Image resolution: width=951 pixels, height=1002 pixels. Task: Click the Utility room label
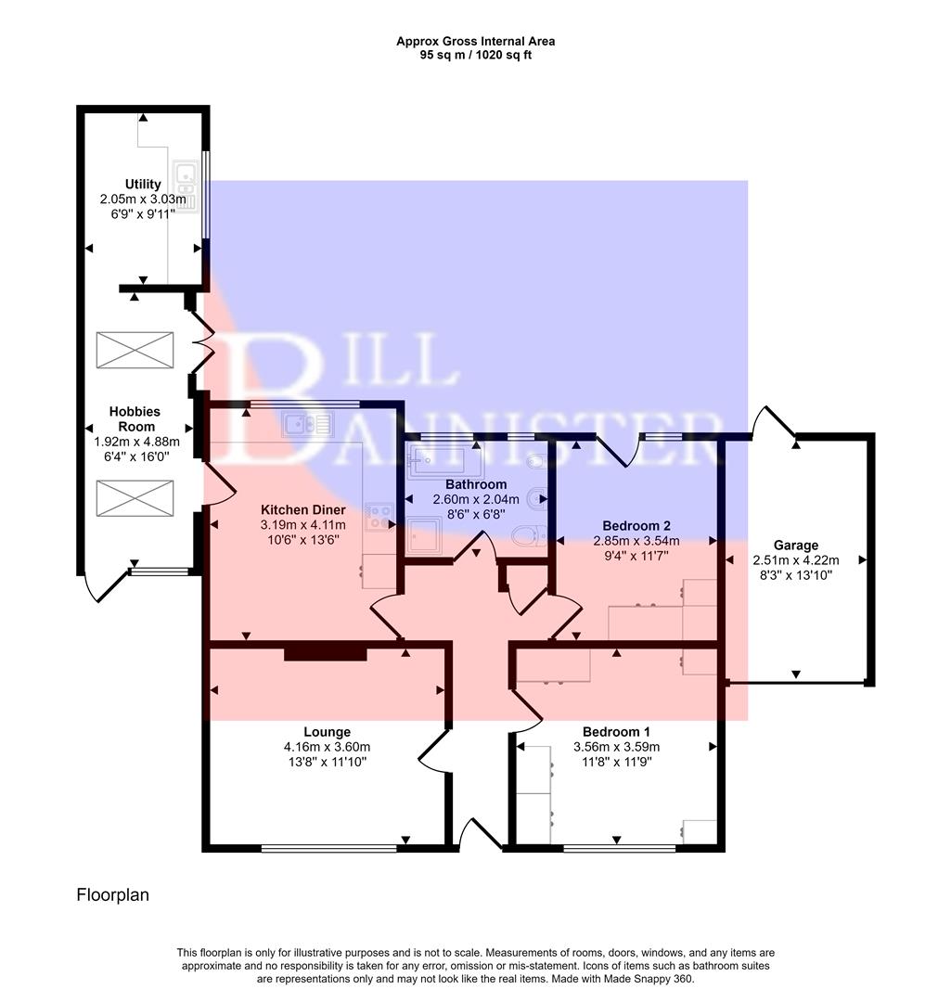(143, 184)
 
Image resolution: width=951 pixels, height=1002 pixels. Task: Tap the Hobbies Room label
(135, 419)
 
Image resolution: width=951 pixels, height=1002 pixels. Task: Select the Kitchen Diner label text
(302, 510)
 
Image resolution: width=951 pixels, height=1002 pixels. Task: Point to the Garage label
(795, 546)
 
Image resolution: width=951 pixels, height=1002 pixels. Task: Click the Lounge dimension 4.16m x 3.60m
(327, 746)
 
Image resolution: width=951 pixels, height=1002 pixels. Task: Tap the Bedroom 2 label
(636, 525)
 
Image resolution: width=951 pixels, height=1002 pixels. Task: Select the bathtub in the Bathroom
(442, 461)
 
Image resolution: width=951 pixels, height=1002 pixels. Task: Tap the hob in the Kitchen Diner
(379, 516)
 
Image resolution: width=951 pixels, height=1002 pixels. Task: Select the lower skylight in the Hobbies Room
(135, 498)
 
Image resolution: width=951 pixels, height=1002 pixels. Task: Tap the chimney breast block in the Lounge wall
(325, 654)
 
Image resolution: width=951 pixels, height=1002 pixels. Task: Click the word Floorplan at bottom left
(112, 895)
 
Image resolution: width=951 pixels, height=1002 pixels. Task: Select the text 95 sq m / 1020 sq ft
(475, 55)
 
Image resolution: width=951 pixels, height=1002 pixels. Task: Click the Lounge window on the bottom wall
(328, 847)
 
